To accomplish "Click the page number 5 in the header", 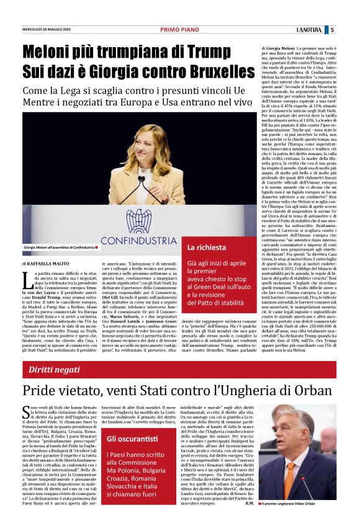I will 333,29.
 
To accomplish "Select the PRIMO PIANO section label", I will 179,29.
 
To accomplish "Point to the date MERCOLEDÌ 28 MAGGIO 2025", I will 47,29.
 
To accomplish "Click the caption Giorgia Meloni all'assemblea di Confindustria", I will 59,247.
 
